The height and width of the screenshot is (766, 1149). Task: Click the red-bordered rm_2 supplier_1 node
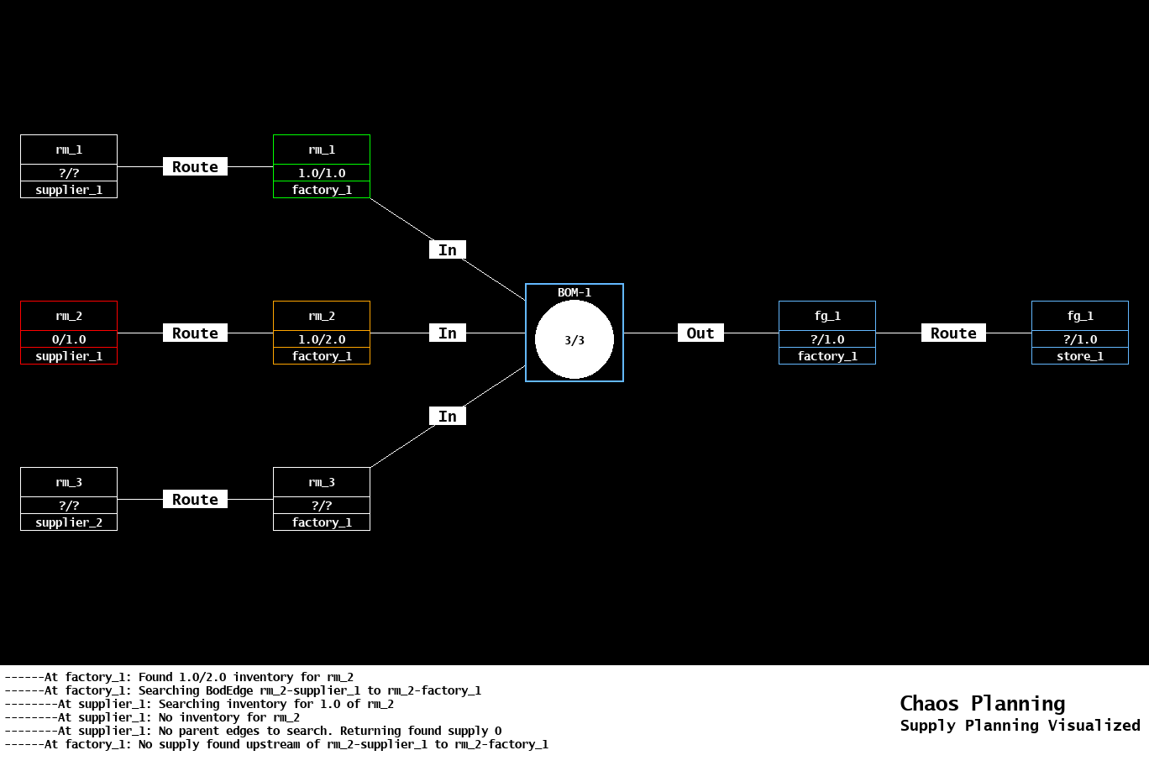[69, 333]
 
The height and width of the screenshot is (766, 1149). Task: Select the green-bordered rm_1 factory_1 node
[322, 166]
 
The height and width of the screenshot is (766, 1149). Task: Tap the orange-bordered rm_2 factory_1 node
[322, 333]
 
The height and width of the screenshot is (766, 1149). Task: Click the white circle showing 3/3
[574, 340]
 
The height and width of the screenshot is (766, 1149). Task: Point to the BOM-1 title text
[574, 292]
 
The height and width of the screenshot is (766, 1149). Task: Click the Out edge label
[700, 333]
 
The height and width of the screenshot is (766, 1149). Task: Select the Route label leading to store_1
[953, 333]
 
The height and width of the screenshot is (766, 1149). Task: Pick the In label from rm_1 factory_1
[448, 250]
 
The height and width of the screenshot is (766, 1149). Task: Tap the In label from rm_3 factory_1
[448, 417]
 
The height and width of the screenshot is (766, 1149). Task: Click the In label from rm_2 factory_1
[448, 333]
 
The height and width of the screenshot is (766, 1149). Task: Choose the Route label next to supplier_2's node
[195, 500]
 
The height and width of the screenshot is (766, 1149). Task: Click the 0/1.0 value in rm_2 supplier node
[69, 339]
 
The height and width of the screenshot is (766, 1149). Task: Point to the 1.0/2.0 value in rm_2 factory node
[322, 339]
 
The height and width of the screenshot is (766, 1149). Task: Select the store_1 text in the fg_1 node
[1080, 356]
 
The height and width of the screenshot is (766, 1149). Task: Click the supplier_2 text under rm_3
[69, 522]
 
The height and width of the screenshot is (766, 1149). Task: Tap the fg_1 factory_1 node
[827, 333]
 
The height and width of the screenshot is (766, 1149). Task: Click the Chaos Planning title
[982, 704]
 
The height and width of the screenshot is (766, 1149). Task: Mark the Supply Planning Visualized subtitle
[1020, 726]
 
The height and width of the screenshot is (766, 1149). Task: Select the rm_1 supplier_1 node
[69, 166]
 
